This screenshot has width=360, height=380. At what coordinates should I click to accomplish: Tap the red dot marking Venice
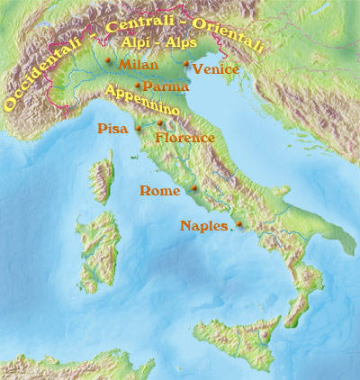point(186,63)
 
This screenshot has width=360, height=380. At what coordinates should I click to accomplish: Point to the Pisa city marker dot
point(139,129)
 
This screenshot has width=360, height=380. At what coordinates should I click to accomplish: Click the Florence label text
point(184,139)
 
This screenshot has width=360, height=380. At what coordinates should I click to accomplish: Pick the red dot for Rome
point(194,188)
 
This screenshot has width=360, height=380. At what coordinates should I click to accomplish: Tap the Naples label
point(204,225)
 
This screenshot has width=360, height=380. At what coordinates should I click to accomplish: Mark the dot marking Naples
point(238,224)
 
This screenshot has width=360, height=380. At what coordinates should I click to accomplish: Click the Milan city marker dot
point(108,61)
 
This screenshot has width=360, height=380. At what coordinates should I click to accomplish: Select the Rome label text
point(162,191)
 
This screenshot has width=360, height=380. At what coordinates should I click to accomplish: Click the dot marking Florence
point(160,123)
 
